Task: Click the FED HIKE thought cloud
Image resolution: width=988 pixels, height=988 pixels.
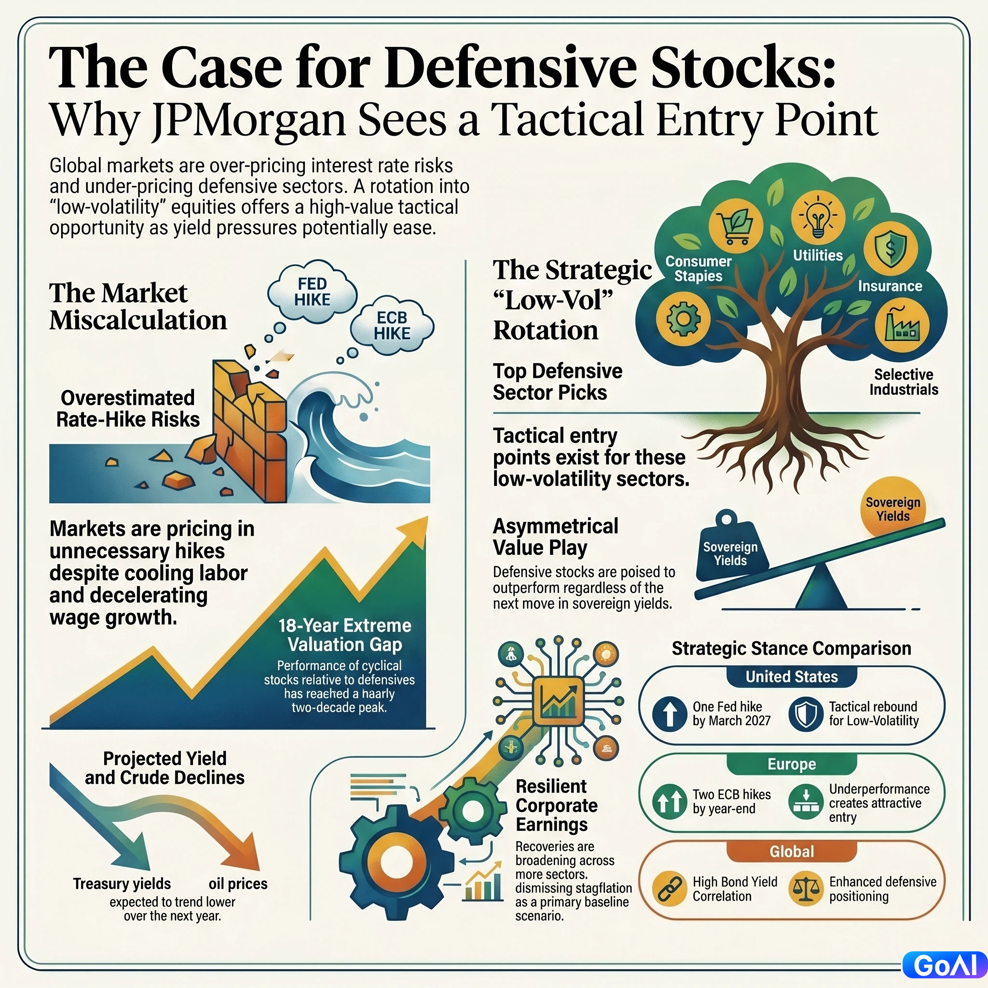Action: point(312,291)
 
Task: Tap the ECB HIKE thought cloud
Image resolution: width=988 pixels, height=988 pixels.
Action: point(392,326)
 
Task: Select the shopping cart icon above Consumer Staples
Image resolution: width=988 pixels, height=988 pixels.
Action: point(736,227)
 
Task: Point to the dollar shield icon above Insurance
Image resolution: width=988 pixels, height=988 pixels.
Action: point(891,249)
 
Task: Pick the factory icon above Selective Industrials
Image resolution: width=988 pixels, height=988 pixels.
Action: point(902,326)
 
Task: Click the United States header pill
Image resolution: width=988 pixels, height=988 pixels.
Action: point(792,676)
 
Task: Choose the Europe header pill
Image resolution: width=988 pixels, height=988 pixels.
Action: point(792,764)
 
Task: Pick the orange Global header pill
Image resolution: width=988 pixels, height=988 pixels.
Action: point(792,851)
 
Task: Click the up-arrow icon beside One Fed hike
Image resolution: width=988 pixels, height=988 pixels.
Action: point(670,714)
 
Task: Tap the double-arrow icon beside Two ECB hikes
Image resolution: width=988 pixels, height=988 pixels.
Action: point(670,801)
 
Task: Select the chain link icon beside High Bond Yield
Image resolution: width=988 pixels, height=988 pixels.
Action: point(670,889)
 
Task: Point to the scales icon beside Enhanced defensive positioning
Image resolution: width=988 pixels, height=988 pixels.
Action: point(806,889)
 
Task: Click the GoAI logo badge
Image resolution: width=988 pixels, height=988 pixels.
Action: point(945,965)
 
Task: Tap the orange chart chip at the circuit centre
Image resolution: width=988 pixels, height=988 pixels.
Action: point(559,700)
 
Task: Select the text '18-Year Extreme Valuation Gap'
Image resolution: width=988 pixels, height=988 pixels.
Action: point(344,635)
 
